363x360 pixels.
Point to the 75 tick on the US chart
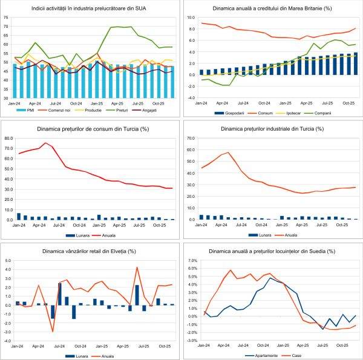7,18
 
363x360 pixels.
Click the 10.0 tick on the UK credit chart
189,18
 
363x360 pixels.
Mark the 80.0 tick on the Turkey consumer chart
8,138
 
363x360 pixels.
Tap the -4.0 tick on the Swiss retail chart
8,341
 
